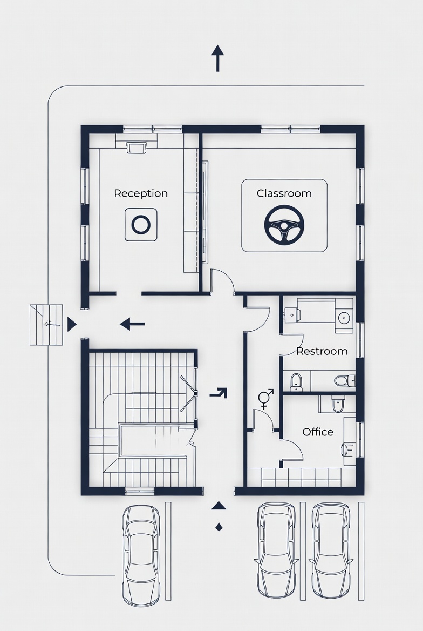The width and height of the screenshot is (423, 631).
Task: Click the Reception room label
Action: tap(141, 193)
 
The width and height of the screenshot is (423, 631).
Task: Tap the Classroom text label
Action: tap(284, 193)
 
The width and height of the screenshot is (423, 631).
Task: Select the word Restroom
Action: tap(322, 351)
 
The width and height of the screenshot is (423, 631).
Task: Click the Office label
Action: tap(318, 432)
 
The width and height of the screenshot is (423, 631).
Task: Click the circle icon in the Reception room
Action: tap(141, 225)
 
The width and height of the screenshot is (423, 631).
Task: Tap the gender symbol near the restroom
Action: tap(265, 398)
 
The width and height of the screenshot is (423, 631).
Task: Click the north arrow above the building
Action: tap(217, 58)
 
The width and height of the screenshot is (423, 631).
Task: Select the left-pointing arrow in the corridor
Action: tap(132, 324)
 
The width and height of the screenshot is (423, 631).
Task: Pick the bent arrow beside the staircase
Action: tap(219, 393)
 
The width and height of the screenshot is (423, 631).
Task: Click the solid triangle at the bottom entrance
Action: tap(219, 506)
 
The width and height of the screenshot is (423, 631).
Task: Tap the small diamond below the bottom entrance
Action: tap(219, 527)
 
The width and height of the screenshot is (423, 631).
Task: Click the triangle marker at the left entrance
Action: tap(71, 324)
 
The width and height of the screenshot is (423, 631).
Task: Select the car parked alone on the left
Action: tap(141, 555)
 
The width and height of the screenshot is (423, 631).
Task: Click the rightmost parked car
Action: tap(332, 550)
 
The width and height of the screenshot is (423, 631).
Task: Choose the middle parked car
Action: tap(276, 550)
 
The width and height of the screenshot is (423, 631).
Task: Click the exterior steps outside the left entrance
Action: tap(46, 324)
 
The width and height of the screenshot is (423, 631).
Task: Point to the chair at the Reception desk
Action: tap(136, 147)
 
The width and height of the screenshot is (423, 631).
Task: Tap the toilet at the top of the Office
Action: tap(338, 404)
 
